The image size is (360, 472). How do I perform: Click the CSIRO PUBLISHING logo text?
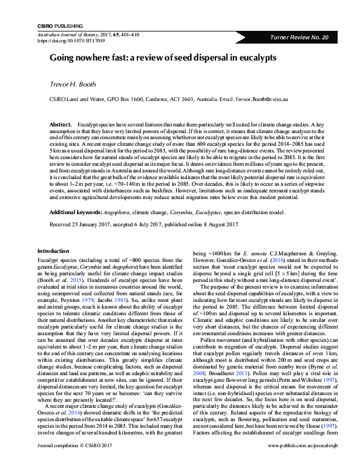(x=58, y=27)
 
